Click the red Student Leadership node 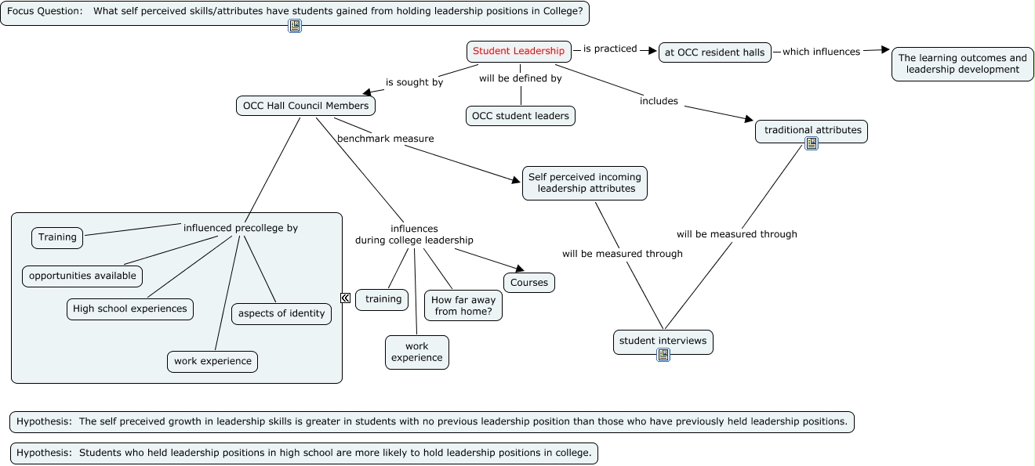click(x=518, y=52)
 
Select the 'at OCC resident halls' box click(x=714, y=52)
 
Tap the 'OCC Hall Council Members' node click(x=305, y=106)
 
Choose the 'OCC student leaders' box click(x=520, y=116)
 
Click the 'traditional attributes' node click(x=812, y=130)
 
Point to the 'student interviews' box click(x=663, y=341)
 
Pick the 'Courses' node click(x=529, y=283)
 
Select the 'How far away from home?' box click(x=464, y=305)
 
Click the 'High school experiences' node click(x=130, y=309)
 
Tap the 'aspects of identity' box click(x=281, y=313)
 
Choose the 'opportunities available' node click(x=82, y=276)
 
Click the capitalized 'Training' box click(x=57, y=237)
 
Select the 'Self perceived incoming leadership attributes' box click(x=585, y=182)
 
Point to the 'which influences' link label click(x=821, y=52)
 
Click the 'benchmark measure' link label click(x=385, y=139)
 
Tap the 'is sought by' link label click(x=414, y=82)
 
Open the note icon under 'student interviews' click(x=663, y=355)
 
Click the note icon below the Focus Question click(x=295, y=26)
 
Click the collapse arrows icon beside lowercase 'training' click(x=345, y=298)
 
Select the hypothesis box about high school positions click(x=304, y=453)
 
